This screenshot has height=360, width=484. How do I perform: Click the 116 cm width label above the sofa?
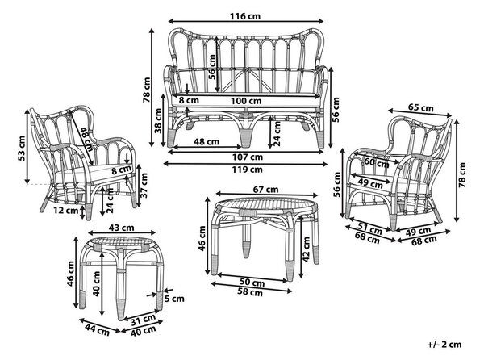click(245, 16)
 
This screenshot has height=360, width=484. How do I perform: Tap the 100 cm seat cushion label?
click(246, 101)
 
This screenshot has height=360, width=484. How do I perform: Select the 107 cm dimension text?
click(248, 157)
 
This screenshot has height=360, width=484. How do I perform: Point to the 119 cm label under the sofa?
click(248, 170)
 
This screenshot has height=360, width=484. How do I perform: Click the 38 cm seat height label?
click(158, 121)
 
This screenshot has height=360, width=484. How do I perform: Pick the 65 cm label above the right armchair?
click(421, 107)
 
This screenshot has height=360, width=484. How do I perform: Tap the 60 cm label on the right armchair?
click(377, 162)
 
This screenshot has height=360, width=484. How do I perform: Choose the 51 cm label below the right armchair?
click(369, 228)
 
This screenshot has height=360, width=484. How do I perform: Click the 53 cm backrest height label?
click(22, 149)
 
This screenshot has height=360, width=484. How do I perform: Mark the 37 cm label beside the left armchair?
click(144, 186)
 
